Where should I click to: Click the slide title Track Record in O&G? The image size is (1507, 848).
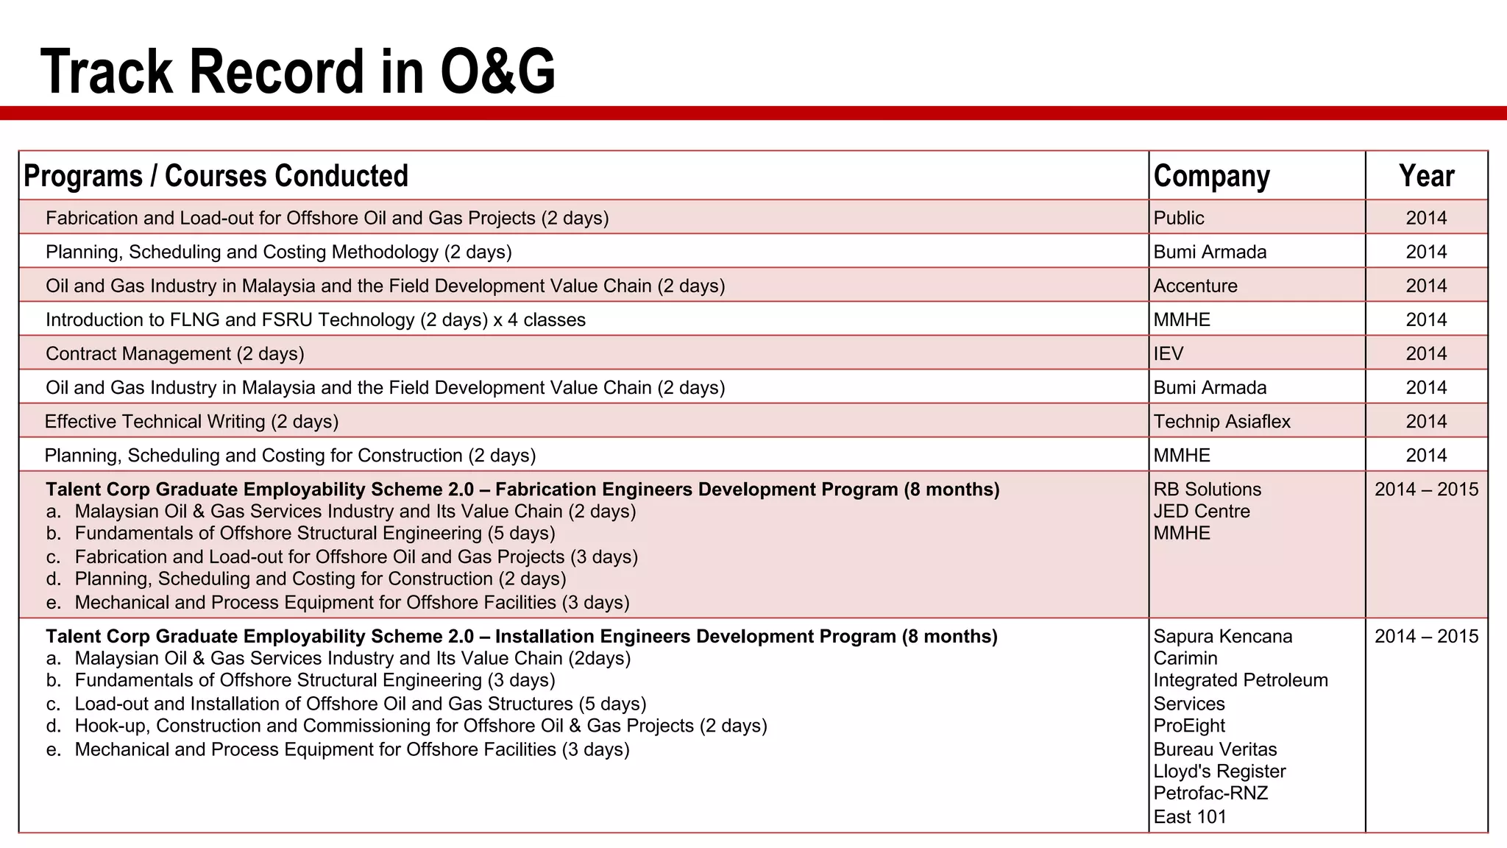coord(298,71)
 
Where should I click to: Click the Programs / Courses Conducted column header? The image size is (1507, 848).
coord(216,176)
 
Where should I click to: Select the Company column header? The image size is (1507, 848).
coord(1211,176)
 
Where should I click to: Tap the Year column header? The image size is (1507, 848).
coord(1426,176)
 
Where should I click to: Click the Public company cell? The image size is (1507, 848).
coord(1178,218)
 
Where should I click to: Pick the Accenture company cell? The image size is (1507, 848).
coord(1195,286)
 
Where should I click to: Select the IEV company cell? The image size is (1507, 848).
coord(1169,353)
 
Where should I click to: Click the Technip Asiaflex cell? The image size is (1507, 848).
coord(1221,421)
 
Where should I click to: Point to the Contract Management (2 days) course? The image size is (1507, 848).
coord(175,353)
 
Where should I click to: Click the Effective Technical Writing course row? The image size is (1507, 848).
coord(191,421)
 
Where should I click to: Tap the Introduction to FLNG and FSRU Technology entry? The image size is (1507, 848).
coord(316,319)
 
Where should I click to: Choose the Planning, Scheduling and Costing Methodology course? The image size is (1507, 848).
coord(278,252)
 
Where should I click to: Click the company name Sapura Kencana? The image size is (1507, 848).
coord(1222,636)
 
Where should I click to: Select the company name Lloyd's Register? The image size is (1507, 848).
coord(1219,771)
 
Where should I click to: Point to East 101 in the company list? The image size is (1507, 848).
coord(1190,816)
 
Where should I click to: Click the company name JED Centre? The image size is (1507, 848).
coord(1202,511)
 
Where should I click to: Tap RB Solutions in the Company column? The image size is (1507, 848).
coord(1207,489)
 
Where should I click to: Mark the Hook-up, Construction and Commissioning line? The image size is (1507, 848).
coord(421,726)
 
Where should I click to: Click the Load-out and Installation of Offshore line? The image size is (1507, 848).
coord(361,704)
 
